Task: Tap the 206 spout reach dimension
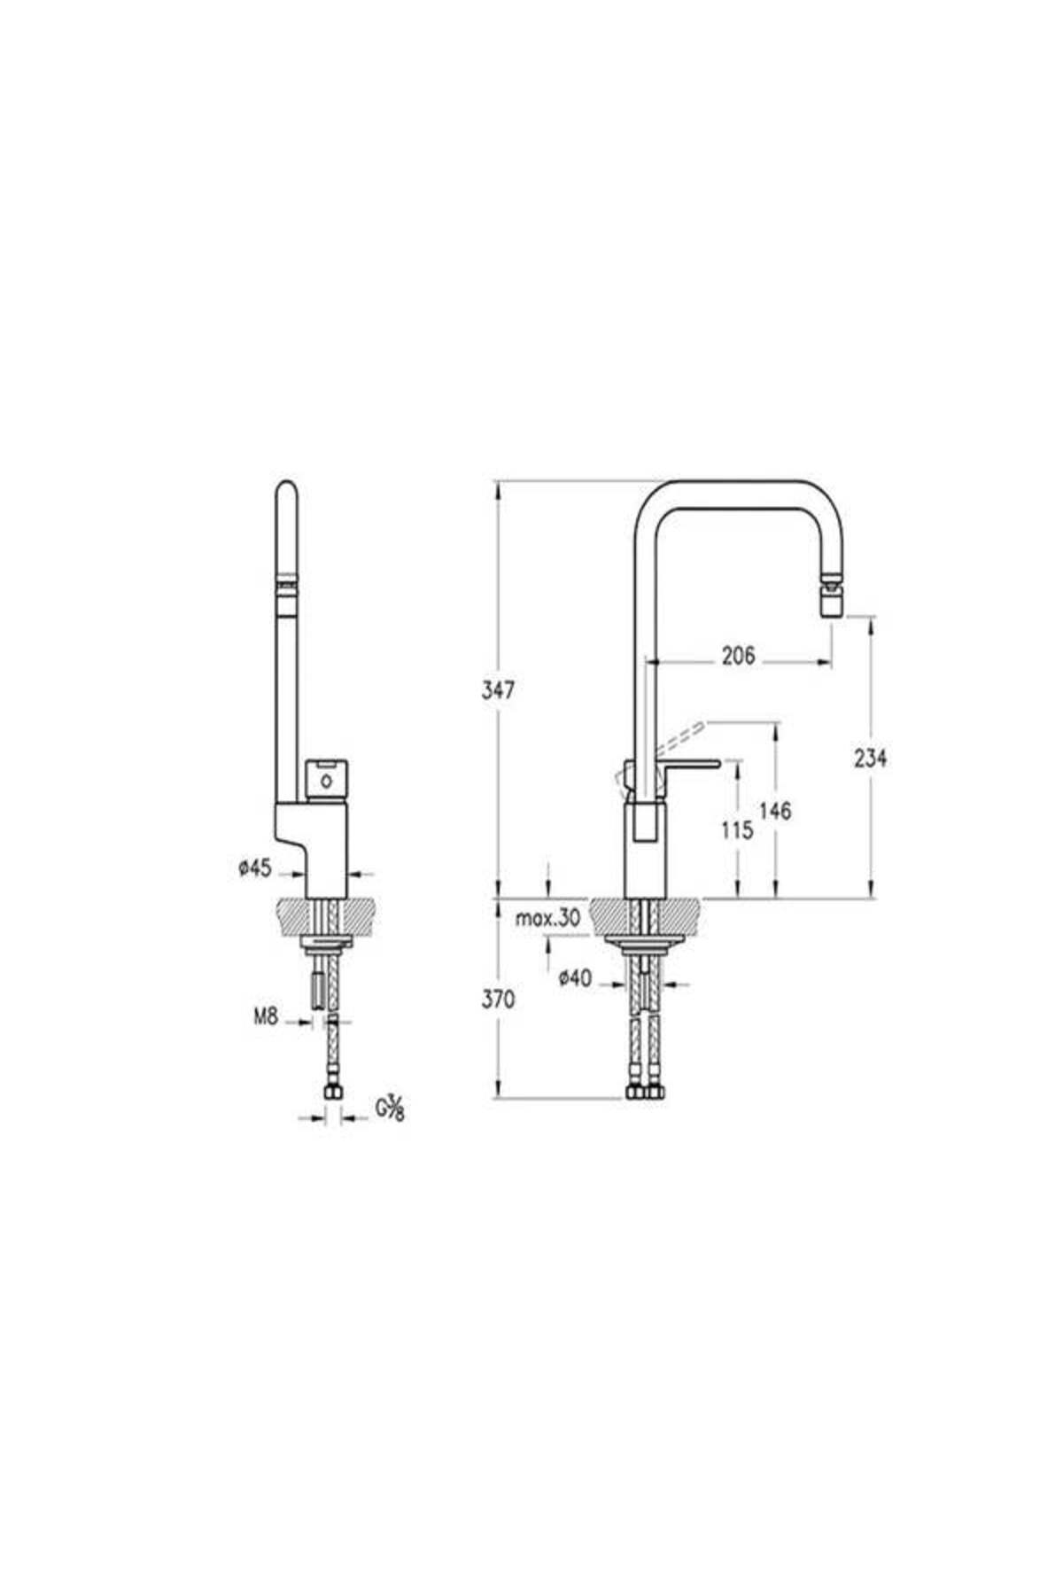click(738, 656)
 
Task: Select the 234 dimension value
click(871, 758)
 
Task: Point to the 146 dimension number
click(775, 810)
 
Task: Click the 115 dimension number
click(737, 830)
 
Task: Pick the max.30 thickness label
click(548, 919)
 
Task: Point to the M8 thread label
click(266, 1017)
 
